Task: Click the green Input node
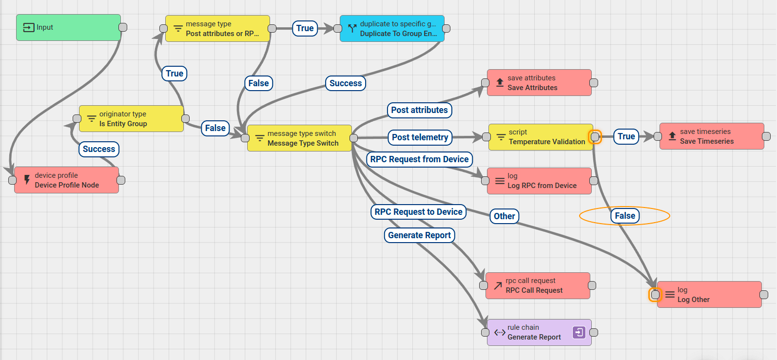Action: pos(68,27)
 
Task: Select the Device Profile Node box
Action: pos(66,180)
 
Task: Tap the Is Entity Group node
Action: pos(131,119)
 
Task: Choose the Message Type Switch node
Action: pos(299,138)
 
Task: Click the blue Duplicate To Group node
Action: pos(392,29)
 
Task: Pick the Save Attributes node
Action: pos(539,83)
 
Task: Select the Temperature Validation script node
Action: pos(541,137)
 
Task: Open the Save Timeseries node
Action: pos(712,136)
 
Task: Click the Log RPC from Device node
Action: pos(539,181)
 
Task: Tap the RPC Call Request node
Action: pos(538,285)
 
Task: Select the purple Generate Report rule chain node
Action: pos(534,332)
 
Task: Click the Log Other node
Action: pos(709,294)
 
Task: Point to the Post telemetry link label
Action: pos(420,137)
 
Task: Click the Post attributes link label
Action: pos(419,110)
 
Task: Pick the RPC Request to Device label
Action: pos(418,212)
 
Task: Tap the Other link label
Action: pos(504,216)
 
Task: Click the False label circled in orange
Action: pos(625,216)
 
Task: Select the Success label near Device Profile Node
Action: pos(99,149)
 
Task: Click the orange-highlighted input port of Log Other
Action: pos(655,294)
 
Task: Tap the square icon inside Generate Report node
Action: pos(579,332)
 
